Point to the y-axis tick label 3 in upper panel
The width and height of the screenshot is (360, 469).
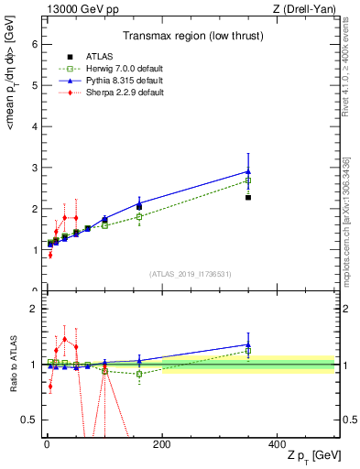33,168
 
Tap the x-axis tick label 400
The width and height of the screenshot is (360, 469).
277,442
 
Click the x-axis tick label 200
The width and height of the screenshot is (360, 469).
161,442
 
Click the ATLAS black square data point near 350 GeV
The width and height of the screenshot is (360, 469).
248,198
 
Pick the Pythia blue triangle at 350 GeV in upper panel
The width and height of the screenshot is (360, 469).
248,171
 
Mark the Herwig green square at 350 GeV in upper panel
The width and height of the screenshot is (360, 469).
248,180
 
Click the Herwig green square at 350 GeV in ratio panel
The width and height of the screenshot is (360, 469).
248,351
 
